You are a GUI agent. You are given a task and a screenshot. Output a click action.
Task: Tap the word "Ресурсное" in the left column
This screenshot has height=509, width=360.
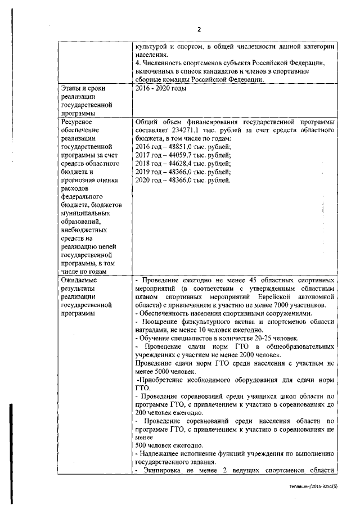click(77, 121)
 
